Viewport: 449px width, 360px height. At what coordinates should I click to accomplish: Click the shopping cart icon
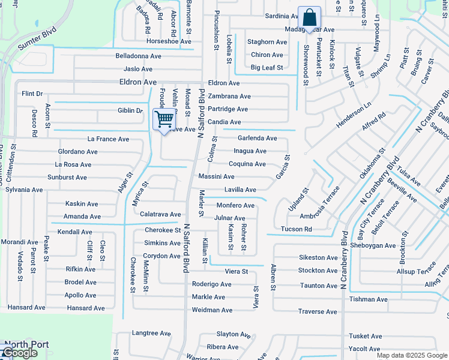point(164,119)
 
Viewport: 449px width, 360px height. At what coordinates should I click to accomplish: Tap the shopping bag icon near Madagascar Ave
point(310,18)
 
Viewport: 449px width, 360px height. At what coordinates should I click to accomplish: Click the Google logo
point(19,353)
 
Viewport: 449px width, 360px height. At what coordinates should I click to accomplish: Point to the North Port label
point(25,345)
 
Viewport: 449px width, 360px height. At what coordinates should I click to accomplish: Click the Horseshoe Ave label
point(169,42)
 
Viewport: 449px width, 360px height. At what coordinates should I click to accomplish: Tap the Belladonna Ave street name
point(138,56)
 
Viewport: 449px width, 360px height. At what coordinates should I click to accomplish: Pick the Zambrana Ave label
point(229,96)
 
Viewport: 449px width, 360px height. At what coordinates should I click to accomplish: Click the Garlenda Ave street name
point(257,138)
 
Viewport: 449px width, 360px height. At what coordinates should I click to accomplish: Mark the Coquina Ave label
point(247,164)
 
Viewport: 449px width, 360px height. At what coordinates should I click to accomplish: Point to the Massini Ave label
point(216,177)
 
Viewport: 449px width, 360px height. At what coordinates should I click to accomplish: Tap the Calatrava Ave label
point(160,214)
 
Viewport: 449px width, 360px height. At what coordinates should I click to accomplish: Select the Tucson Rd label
point(296,229)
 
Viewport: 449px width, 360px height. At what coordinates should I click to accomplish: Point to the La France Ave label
point(108,139)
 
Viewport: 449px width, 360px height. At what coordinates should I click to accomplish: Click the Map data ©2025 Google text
point(411,355)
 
